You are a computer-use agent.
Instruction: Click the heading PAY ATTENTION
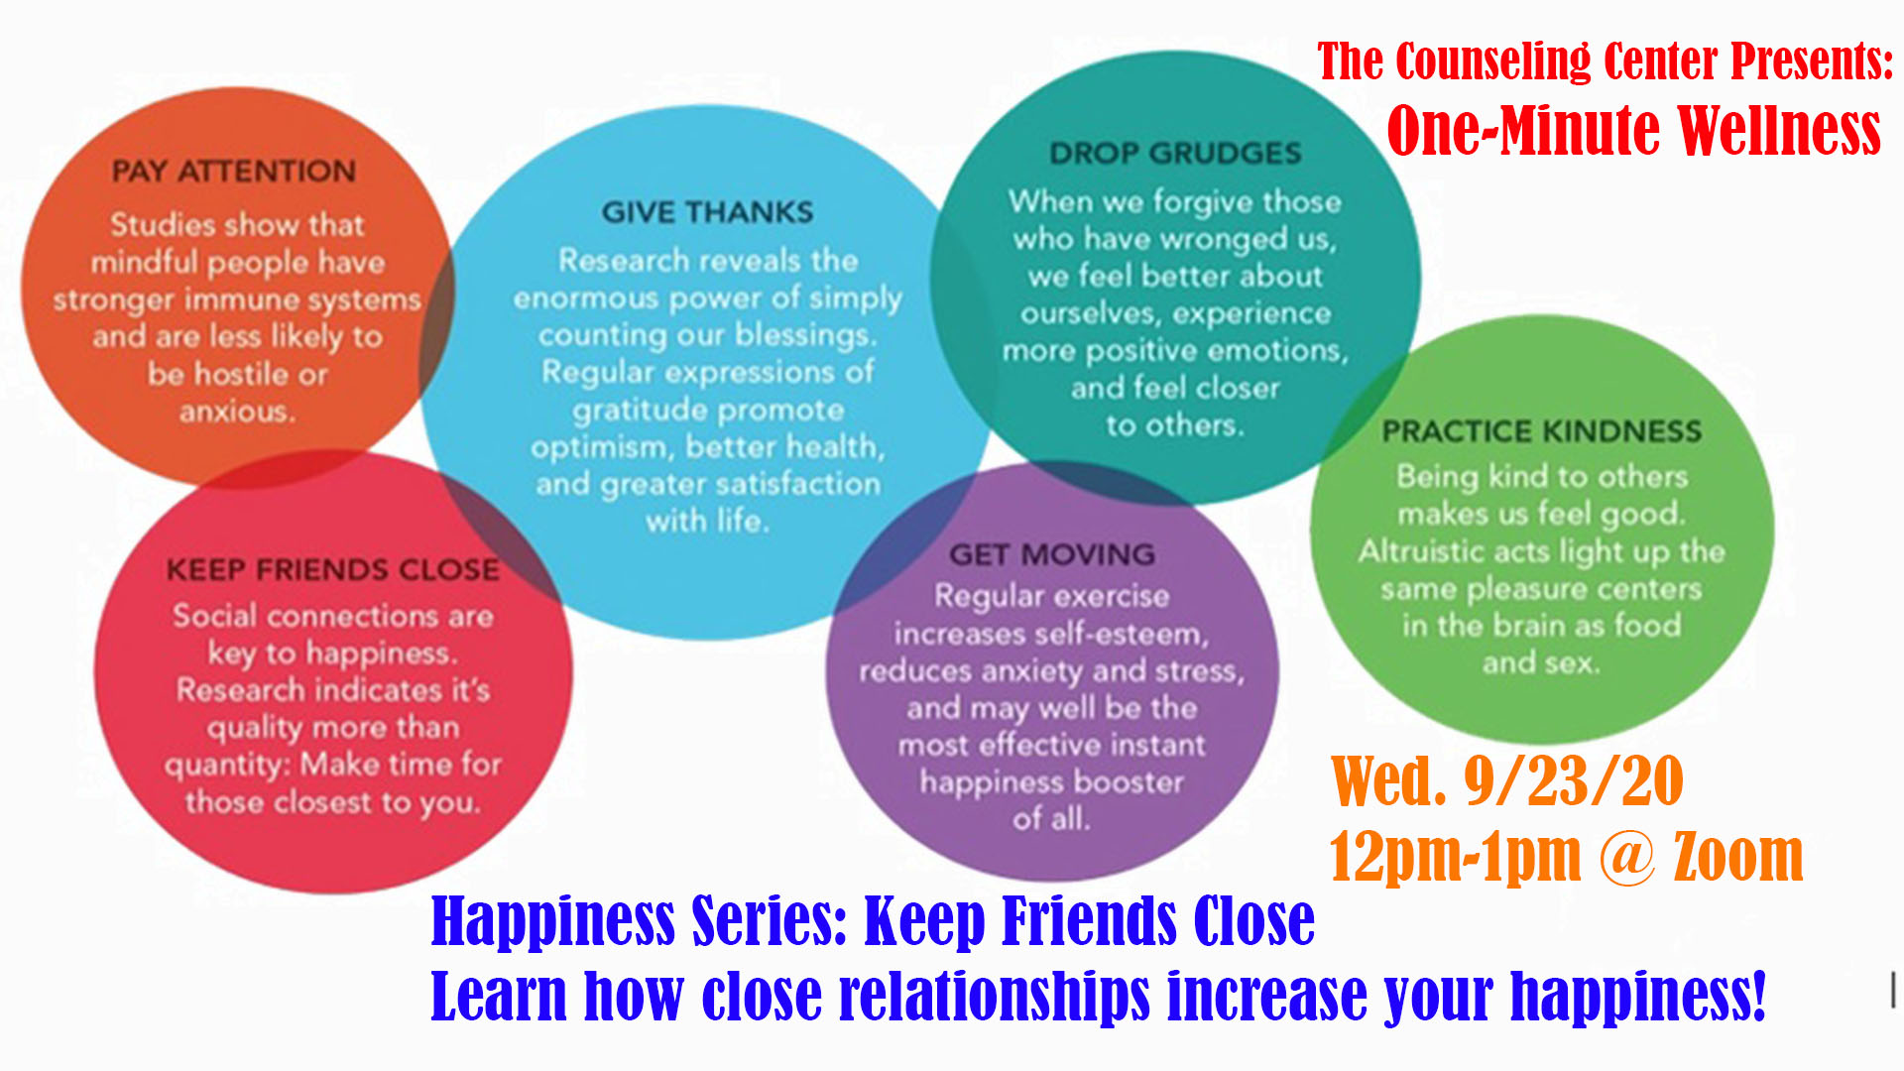(234, 171)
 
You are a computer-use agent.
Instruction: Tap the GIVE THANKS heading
(707, 212)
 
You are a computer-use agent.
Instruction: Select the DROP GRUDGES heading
(1175, 153)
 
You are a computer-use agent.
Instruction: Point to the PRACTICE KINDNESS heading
(1542, 431)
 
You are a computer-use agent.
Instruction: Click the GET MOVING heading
(1052, 554)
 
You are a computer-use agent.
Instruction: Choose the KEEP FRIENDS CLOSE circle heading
(333, 570)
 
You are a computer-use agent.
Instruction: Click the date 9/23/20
(1574, 781)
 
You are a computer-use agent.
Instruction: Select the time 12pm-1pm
(1455, 858)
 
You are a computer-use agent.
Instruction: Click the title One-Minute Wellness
(1633, 130)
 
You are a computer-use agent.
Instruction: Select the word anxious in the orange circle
(237, 411)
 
